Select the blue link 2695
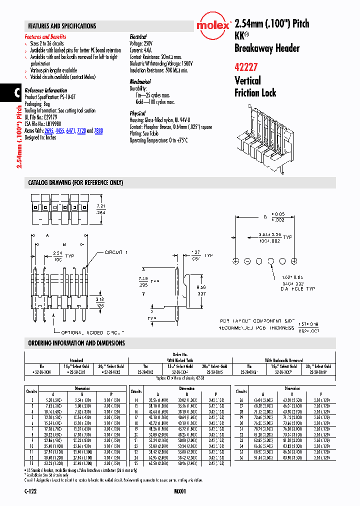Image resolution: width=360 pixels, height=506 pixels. pos(48,130)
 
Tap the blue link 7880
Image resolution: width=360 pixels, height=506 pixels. pos(98,130)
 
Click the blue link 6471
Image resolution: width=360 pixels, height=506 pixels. pos(70,130)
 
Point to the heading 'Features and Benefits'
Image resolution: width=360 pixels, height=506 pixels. pos(45,37)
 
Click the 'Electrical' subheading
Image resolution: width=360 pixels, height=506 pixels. pos(138,37)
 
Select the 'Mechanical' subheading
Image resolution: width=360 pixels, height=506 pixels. pos(140,81)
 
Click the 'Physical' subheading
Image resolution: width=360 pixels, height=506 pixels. pos(137,113)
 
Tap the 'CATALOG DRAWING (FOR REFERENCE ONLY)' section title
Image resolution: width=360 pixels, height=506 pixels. pos(75,183)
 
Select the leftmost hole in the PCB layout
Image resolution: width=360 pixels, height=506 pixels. pos(235,261)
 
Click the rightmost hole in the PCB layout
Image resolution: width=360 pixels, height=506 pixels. pos(294,261)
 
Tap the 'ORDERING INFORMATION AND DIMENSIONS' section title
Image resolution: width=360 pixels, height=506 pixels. pos(76,343)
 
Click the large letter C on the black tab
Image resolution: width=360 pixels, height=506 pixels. pos(16,93)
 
